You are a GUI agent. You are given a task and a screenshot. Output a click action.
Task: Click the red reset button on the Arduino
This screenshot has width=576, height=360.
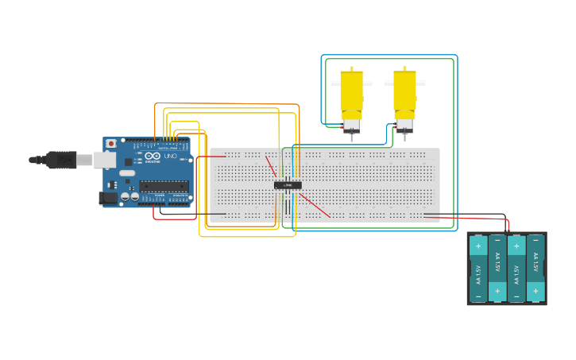pos(110,144)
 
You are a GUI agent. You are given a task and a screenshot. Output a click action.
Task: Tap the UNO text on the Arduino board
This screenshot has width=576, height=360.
pos(169,156)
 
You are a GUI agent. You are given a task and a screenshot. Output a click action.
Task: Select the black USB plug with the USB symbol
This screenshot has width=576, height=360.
pos(60,160)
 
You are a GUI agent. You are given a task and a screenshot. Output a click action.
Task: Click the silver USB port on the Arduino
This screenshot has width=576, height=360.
pos(104,160)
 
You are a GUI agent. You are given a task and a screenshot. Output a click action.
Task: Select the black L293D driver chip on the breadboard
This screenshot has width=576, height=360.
pos(288,185)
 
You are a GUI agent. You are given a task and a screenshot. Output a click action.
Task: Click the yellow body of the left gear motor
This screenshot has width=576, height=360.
pos(351,94)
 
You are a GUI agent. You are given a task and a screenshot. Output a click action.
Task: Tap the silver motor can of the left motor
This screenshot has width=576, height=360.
pos(351,125)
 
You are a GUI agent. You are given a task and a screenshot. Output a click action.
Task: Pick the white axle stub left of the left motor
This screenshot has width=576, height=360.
pos(335,83)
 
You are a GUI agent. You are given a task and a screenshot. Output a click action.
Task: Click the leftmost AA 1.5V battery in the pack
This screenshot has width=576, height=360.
pos(478,269)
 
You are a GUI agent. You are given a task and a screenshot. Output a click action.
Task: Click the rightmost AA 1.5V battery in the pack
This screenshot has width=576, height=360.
pos(535,269)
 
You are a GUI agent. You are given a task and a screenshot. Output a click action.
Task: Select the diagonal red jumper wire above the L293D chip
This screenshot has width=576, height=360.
pos(271,167)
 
